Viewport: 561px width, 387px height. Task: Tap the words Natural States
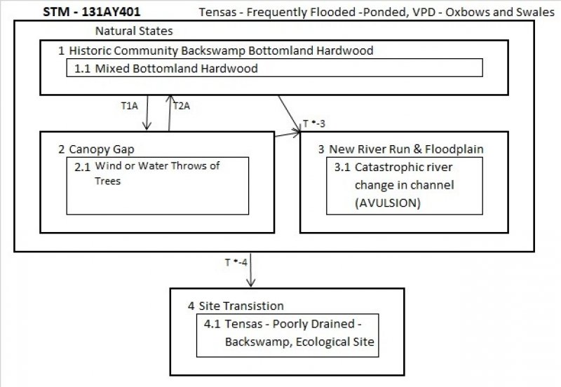tap(134, 32)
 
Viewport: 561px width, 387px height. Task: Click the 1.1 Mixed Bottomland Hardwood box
tap(274, 68)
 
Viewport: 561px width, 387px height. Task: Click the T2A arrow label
tap(182, 107)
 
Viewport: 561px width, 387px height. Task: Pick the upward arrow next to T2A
tap(169, 112)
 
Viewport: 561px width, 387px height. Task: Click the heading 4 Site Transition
tap(236, 306)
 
